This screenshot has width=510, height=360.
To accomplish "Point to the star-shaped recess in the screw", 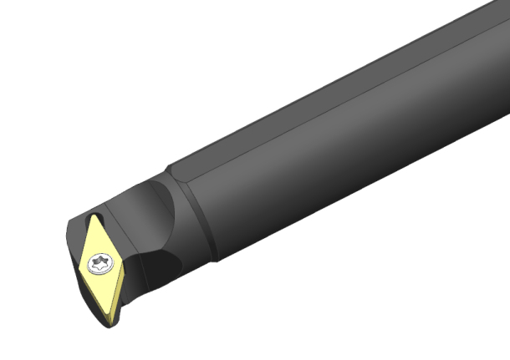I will (x=99, y=263).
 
